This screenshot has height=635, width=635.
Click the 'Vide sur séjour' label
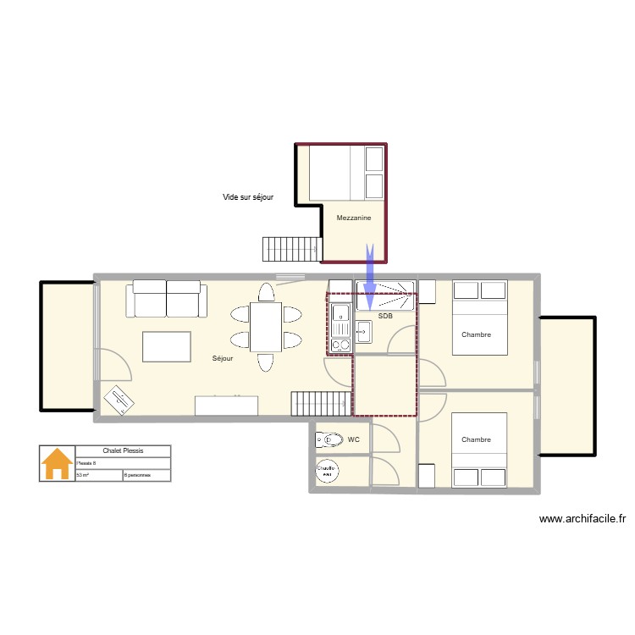[247, 197]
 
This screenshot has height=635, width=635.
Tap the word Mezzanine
[354, 218]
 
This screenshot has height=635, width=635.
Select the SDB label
[385, 316]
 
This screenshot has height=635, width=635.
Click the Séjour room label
[223, 358]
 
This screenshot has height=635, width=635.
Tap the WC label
[353, 439]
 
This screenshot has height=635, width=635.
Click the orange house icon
[58, 464]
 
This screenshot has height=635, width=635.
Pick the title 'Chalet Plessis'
[123, 451]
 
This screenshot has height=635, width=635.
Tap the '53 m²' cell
[84, 476]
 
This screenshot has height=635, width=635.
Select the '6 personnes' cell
[137, 476]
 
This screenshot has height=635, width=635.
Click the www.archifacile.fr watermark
[582, 519]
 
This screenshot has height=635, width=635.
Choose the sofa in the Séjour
[167, 301]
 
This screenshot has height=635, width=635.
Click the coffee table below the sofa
[167, 346]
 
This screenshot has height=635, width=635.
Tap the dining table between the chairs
[266, 327]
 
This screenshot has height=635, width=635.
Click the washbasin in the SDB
[364, 331]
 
